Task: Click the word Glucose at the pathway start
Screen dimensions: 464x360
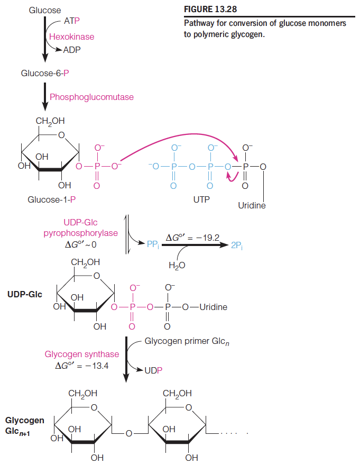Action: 45,10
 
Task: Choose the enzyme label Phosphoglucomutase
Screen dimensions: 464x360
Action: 91,97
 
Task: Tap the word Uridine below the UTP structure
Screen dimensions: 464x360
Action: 252,205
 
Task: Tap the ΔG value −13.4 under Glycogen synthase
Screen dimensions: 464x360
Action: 82,366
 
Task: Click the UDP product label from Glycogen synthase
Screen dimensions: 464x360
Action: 153,370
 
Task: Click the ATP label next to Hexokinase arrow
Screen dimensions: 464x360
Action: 71,21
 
